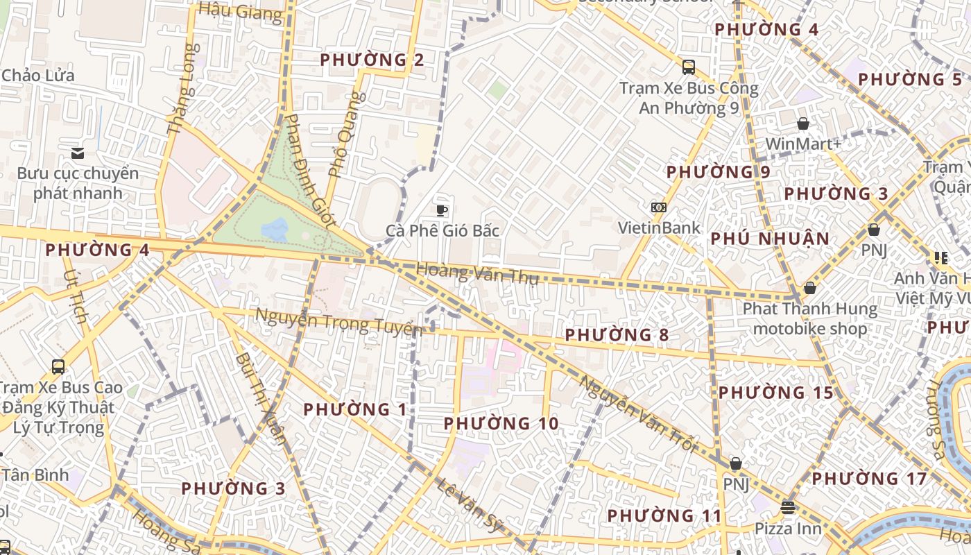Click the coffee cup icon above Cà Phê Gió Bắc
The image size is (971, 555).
click(x=442, y=210)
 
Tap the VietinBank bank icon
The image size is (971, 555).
click(x=658, y=207)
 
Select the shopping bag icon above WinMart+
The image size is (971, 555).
click(x=803, y=123)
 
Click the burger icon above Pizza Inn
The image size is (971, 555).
click(x=787, y=507)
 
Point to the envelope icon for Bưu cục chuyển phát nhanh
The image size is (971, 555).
click(x=78, y=153)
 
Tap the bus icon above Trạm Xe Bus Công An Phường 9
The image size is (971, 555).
click(x=688, y=67)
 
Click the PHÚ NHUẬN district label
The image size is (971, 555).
click(x=770, y=239)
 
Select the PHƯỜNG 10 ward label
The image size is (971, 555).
click(x=501, y=423)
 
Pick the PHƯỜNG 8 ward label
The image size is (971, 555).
click(x=617, y=335)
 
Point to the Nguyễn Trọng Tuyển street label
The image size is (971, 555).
click(x=338, y=323)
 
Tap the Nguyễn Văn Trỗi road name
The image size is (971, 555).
click(x=637, y=414)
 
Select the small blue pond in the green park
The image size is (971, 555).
click(x=275, y=230)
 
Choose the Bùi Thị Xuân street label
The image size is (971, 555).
click(x=261, y=398)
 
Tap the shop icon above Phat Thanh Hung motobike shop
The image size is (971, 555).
click(x=809, y=287)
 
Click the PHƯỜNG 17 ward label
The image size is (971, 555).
click(x=869, y=479)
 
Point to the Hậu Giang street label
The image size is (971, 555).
click(x=240, y=11)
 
